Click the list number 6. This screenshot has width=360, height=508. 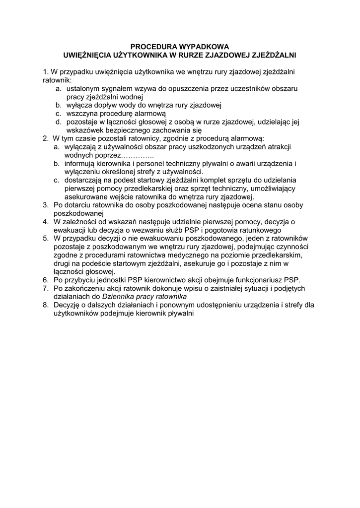tap(46, 280)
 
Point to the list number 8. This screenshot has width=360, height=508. tap(46, 306)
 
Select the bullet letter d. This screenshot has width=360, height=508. tap(58, 122)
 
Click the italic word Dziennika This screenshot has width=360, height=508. tap(119, 297)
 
